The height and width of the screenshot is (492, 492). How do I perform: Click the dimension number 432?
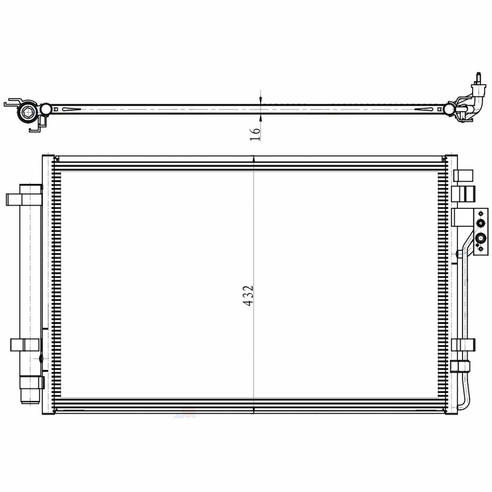tap(248, 296)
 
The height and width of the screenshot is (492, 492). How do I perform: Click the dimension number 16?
tap(255, 134)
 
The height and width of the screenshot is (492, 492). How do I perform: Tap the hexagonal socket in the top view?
tap(26, 112)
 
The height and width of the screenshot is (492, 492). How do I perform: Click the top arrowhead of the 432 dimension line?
tap(253, 159)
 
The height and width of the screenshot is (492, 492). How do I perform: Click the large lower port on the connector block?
tap(481, 239)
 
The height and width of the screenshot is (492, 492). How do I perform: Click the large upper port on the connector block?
tap(481, 223)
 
